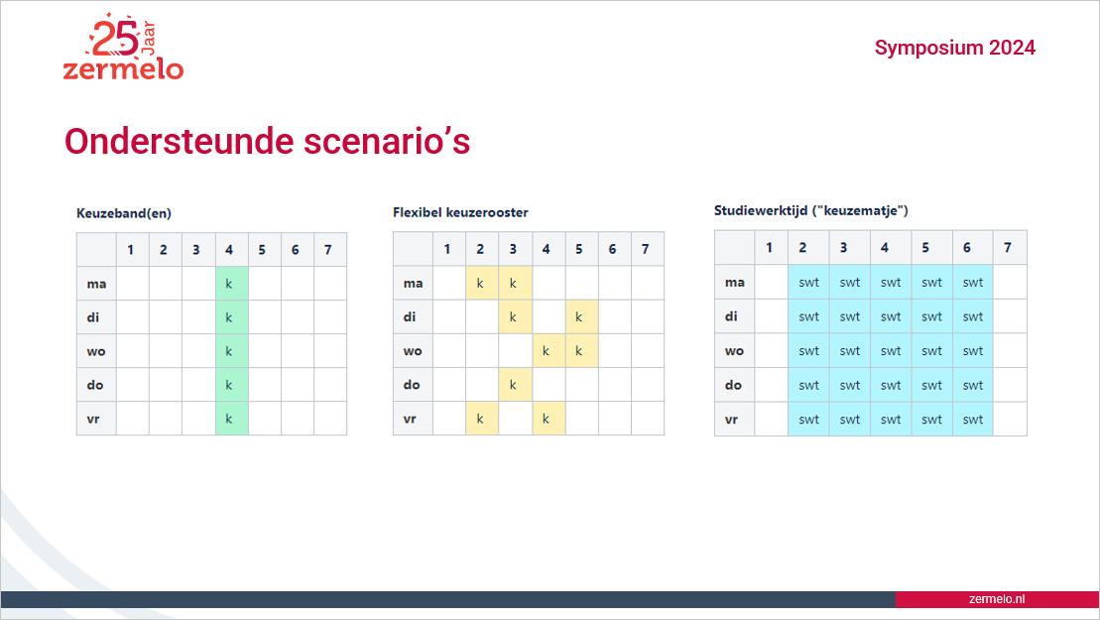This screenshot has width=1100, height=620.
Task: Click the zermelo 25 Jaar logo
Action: click(123, 47)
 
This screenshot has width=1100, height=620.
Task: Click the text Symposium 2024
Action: click(955, 48)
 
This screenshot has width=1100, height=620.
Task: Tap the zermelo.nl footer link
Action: click(996, 599)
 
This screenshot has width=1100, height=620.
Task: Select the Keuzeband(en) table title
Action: click(124, 213)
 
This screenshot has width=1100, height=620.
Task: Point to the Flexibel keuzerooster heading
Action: click(460, 212)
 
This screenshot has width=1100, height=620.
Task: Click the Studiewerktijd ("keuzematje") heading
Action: click(811, 210)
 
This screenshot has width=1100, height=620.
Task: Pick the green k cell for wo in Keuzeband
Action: click(232, 351)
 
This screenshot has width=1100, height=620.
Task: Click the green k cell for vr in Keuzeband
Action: click(232, 419)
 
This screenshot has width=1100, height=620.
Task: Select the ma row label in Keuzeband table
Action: click(97, 284)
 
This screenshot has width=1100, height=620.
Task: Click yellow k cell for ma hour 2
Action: click(482, 283)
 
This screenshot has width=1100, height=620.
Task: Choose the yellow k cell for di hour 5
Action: click(581, 316)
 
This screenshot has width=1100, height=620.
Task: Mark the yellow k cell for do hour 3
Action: click(515, 384)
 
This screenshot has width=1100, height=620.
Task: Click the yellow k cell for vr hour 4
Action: click(549, 418)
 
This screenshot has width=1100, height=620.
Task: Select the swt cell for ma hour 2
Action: click(808, 282)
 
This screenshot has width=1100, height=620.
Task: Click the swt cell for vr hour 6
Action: click(973, 420)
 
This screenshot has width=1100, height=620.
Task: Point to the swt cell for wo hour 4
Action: click(891, 351)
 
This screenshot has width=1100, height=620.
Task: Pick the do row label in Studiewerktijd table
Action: click(734, 385)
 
